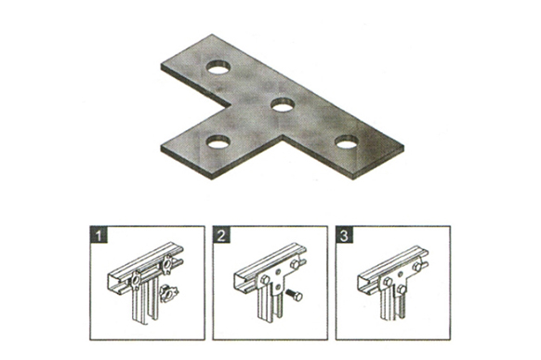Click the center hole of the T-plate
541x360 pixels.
pos(283,104)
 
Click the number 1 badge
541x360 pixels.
pos(99,235)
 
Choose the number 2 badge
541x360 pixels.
pos(221,235)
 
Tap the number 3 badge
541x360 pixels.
pos(344,235)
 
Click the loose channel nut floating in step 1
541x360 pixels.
pos(167,293)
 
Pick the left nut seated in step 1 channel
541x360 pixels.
pos(136,281)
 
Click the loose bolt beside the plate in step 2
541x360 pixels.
pos(294,294)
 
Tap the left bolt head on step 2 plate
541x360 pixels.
pos(265,279)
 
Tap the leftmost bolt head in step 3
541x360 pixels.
pos(387,281)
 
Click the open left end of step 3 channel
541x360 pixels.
pos(362,280)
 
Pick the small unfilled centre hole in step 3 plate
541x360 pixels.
pos(401,273)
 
